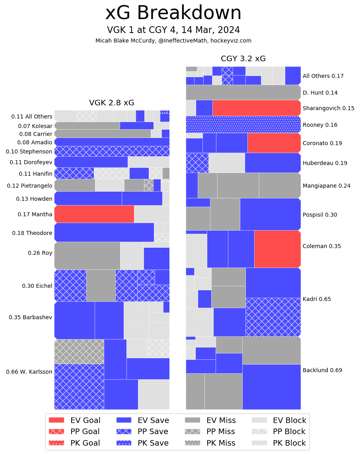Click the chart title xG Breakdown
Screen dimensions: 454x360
[173, 14]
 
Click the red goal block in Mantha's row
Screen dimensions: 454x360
[94, 214]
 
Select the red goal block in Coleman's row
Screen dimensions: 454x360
[277, 249]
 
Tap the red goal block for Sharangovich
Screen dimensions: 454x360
[256, 108]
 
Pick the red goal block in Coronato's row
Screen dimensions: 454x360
[274, 143]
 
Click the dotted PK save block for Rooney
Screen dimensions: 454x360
[243, 124]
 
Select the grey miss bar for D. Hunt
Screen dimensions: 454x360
[243, 92]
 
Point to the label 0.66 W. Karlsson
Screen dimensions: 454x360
[29, 372]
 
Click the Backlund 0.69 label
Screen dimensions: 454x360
[322, 370]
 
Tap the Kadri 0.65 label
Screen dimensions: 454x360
[317, 299]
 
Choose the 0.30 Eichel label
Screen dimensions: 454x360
[37, 286]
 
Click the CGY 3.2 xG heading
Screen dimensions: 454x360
[243, 59]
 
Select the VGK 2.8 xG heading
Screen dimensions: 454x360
[112, 103]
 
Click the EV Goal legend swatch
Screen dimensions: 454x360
[56, 420]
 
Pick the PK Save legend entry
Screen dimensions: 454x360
[142, 443]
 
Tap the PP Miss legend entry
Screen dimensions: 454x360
[210, 432]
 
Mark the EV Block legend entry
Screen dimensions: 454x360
[278, 420]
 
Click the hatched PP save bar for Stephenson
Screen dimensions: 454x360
[112, 151]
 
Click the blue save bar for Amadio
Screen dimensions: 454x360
[112, 142]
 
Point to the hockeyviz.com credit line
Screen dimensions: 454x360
[173, 41]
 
